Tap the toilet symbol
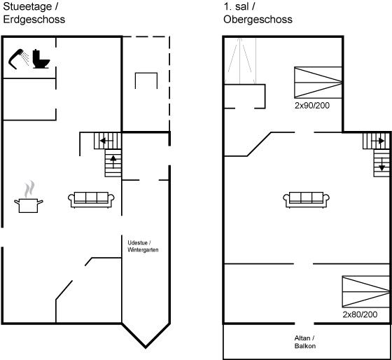pos(41,59)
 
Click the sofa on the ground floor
pos(91,200)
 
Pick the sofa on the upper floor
pos(307,200)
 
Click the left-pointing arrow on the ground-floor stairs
pos(106,141)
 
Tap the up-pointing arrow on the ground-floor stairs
pos(113,162)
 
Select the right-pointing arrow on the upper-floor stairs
pos(378,141)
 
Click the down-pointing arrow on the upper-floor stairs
pos(381,165)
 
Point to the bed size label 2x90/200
pos(312,106)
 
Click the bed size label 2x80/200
pos(360,314)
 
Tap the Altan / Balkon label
pos(304,342)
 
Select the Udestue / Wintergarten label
pos(143,246)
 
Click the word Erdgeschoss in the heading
pos(34,20)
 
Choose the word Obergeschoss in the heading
pos(258,20)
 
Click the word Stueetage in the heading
pos(27,7)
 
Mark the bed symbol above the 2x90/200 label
pos(318,83)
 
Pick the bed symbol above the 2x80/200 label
pos(366,291)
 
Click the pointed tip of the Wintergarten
pos(146,347)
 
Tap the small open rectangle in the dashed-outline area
pos(146,73)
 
